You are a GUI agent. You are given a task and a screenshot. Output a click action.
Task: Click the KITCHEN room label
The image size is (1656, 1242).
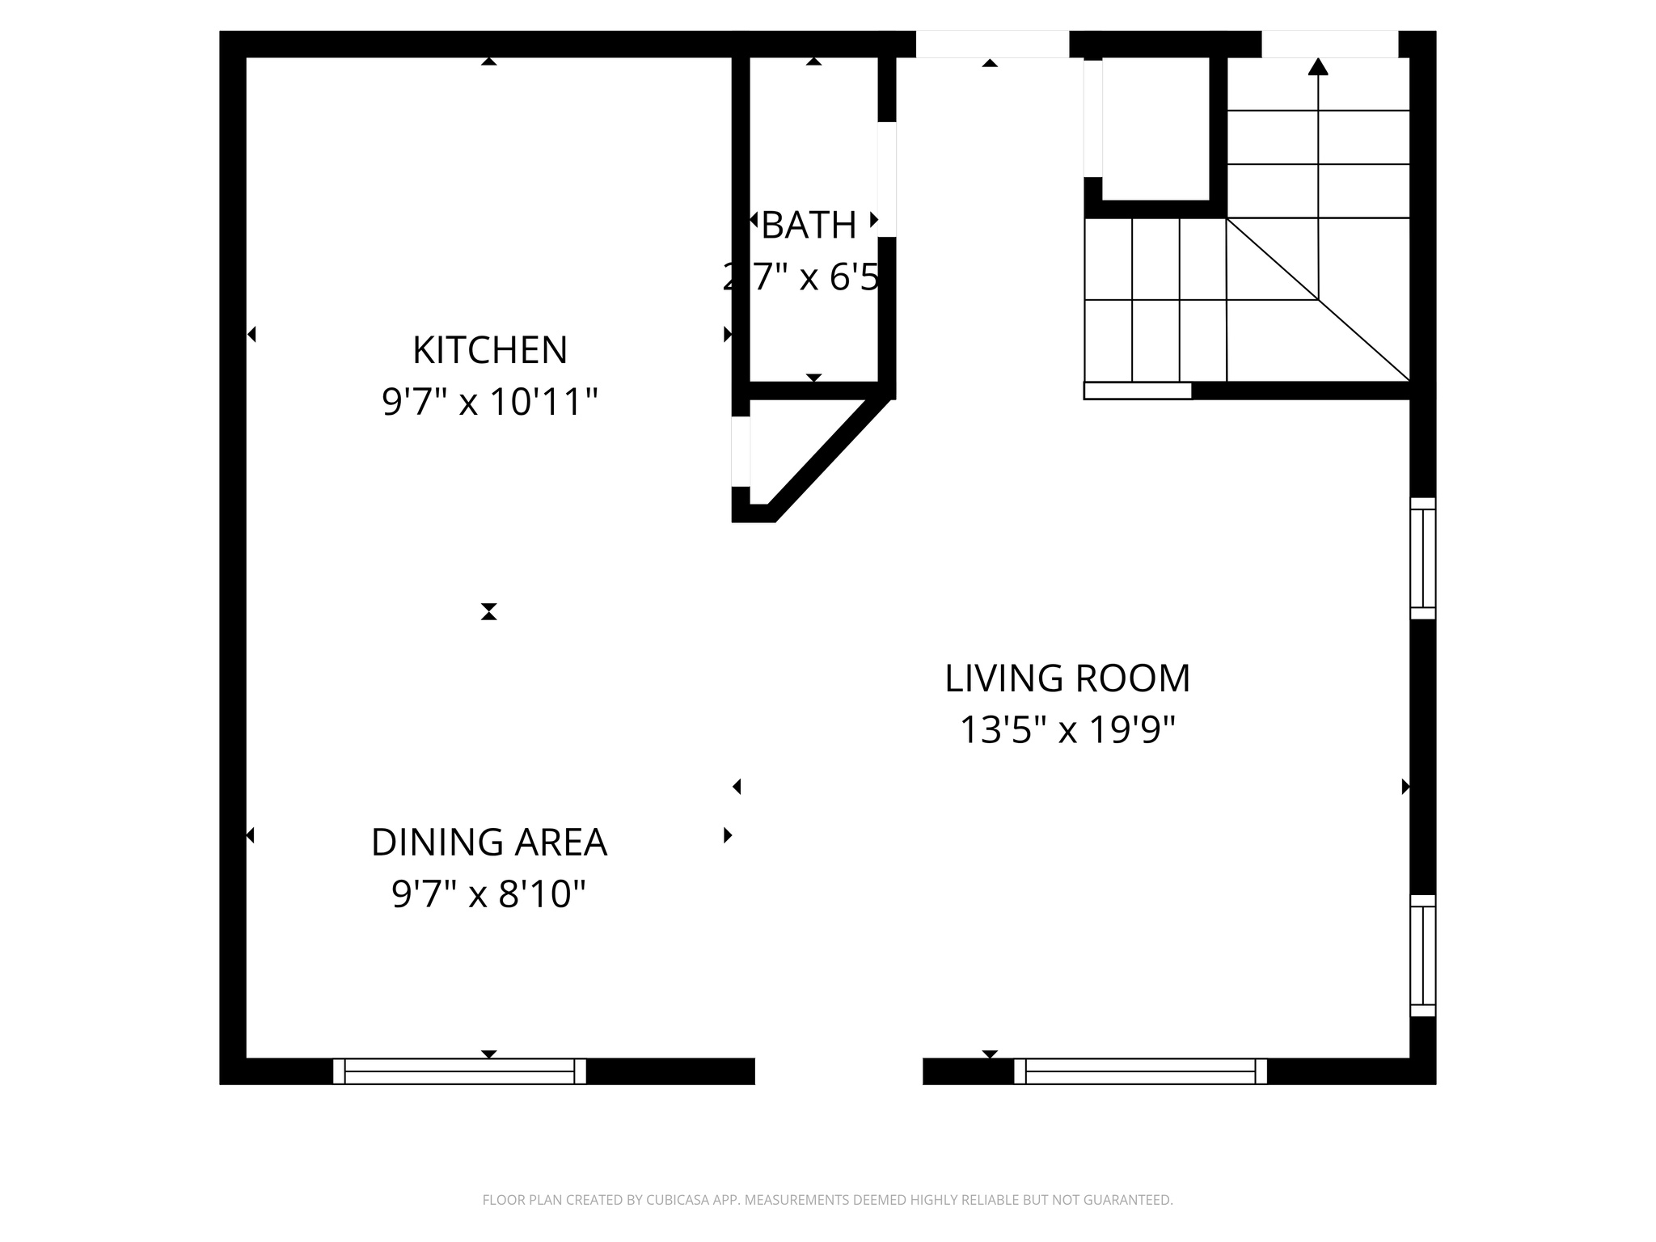(489, 350)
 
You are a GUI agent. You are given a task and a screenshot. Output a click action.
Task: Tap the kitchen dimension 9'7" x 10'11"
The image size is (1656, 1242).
(489, 402)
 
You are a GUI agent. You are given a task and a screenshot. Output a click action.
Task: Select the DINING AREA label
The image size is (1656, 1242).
(488, 843)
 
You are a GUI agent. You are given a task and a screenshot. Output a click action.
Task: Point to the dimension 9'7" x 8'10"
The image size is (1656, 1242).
(488, 894)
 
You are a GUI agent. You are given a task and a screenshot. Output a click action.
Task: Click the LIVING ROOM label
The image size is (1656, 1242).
(1067, 678)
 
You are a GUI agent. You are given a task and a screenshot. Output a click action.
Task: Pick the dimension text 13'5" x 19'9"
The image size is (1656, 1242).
(1067, 730)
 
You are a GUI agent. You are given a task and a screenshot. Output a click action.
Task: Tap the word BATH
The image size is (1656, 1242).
(809, 226)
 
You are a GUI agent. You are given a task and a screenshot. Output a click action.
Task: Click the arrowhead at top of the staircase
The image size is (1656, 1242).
(1318, 66)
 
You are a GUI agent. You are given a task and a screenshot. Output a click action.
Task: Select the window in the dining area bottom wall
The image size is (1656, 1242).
(459, 1071)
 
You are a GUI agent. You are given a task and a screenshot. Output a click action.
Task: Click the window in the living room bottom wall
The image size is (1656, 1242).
(1140, 1071)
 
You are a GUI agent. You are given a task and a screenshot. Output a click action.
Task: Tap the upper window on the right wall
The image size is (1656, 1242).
(1422, 558)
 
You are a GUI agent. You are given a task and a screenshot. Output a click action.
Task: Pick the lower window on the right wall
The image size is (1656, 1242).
(1422, 955)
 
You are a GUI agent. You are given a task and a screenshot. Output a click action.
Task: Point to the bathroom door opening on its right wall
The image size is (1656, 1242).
(887, 180)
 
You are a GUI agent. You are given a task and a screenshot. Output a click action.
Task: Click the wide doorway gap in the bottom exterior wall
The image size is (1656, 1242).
(839, 1071)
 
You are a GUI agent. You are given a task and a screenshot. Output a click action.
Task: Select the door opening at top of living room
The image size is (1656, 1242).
(992, 44)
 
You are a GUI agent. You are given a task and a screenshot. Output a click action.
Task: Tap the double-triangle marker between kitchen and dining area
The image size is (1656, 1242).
(488, 611)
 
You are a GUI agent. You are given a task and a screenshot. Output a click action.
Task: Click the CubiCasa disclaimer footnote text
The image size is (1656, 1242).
(827, 1200)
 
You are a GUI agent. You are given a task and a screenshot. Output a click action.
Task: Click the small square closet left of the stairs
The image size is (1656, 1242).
(1155, 129)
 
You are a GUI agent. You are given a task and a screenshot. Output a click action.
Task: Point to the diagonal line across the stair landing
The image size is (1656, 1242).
(1318, 299)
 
